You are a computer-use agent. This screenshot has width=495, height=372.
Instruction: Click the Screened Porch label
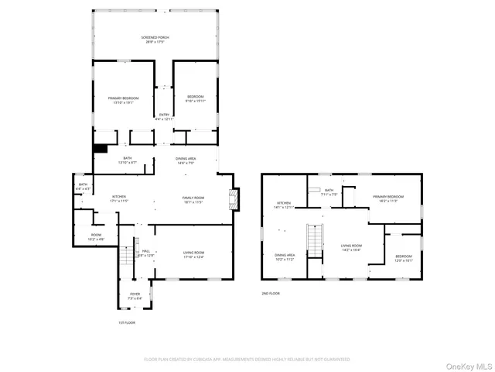click(x=155, y=39)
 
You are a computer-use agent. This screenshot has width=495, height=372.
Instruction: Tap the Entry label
click(x=164, y=116)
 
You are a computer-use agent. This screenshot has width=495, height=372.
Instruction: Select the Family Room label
click(x=193, y=200)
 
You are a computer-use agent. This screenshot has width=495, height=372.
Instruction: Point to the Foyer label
click(x=135, y=296)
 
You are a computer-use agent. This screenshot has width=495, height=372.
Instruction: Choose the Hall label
click(x=145, y=253)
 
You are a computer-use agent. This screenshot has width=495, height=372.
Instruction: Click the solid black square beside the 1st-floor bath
click(x=100, y=149)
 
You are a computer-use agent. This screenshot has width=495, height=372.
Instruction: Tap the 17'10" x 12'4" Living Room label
click(x=193, y=254)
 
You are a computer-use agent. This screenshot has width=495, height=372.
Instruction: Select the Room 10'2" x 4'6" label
click(x=96, y=236)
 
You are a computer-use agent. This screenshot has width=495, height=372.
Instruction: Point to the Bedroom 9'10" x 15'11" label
click(x=194, y=98)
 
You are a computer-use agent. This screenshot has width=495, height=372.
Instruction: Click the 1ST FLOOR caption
click(x=126, y=322)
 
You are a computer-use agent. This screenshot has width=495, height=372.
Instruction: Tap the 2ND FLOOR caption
click(x=270, y=294)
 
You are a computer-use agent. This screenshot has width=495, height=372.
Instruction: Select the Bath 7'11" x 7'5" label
click(x=329, y=192)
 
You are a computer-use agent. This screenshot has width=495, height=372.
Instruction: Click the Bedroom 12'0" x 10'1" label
click(x=404, y=258)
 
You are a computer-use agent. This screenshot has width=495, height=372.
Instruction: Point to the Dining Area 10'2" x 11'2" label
click(x=285, y=257)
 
